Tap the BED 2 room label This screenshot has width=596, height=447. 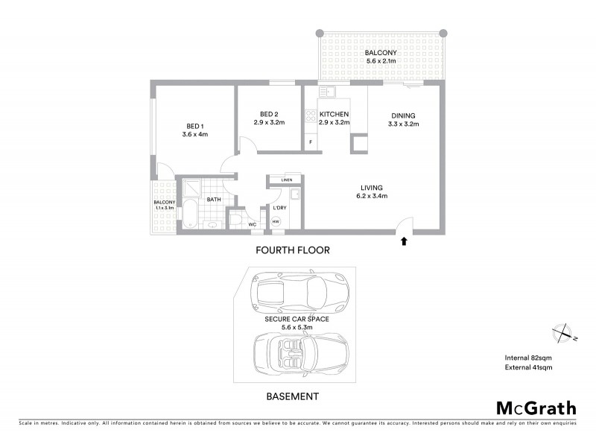coord(269,113)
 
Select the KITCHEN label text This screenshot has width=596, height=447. coord(334,114)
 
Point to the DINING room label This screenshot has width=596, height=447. coord(404,115)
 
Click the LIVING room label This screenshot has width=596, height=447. coord(372,187)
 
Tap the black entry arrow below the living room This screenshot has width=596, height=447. coord(405,241)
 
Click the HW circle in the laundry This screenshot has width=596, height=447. coord(276,221)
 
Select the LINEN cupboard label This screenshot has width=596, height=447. coord(286,180)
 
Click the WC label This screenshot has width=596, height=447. coord(253,223)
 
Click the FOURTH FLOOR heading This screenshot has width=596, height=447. coord(292,250)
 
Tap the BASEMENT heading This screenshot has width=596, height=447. coord(294,396)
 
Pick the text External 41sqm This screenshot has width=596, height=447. coord(528,367)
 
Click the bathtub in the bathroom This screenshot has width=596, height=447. coord(191,213)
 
